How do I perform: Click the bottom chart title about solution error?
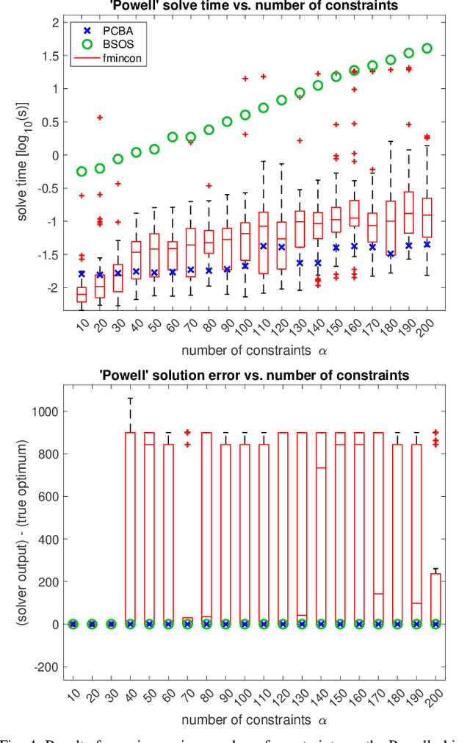[253, 376]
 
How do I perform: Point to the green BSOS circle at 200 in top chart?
[427, 49]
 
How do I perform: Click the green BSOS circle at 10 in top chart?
[82, 171]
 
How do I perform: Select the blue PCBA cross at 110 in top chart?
[264, 246]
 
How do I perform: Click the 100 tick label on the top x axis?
[242, 324]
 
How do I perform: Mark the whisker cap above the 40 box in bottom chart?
[130, 399]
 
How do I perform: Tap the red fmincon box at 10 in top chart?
[82, 294]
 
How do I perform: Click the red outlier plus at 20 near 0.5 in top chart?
[101, 118]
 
